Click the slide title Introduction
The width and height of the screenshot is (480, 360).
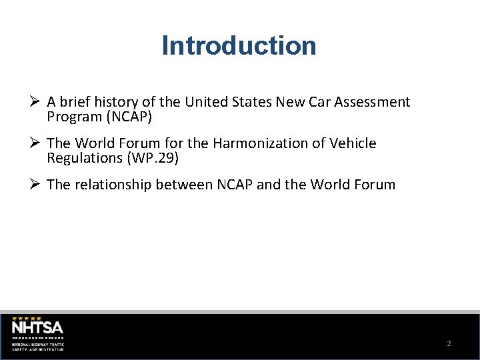(x=239, y=46)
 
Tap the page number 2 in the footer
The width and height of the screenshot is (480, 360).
(x=449, y=343)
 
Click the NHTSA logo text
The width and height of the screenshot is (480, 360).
(x=37, y=327)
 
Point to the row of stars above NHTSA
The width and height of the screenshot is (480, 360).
(x=27, y=318)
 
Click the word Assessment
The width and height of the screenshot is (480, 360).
(x=372, y=102)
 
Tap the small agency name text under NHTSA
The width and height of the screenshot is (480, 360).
(x=38, y=346)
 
